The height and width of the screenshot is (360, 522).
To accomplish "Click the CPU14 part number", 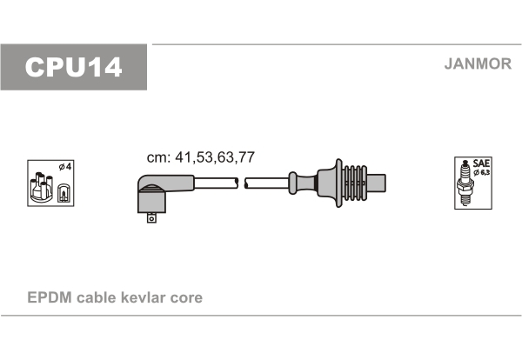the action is coord(74,67).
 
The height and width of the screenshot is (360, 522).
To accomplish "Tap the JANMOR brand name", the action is coord(478,63).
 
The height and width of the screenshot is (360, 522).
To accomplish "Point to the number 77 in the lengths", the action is coord(246,157).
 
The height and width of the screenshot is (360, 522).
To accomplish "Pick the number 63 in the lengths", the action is coord(225,157).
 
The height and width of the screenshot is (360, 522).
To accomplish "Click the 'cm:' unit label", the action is coord(158,157).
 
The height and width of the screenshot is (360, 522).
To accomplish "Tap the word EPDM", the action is coord(50,297).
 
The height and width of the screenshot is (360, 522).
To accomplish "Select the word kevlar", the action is coord(144,297).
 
